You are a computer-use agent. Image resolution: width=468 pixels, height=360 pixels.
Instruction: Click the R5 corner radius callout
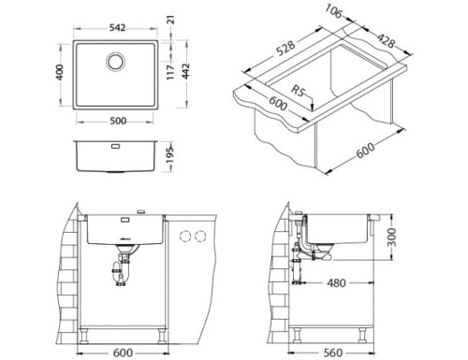coord(300,94)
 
